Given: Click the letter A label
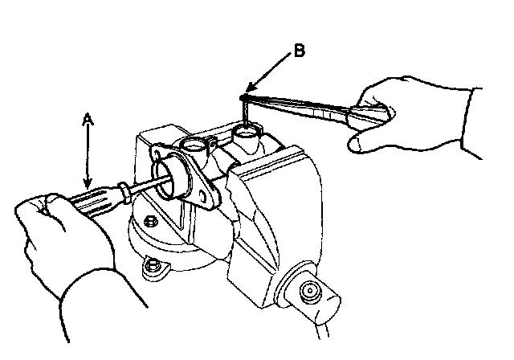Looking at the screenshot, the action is click(x=88, y=119).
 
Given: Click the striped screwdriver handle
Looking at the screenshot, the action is click(x=101, y=198).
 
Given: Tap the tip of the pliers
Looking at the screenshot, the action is click(x=243, y=96).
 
